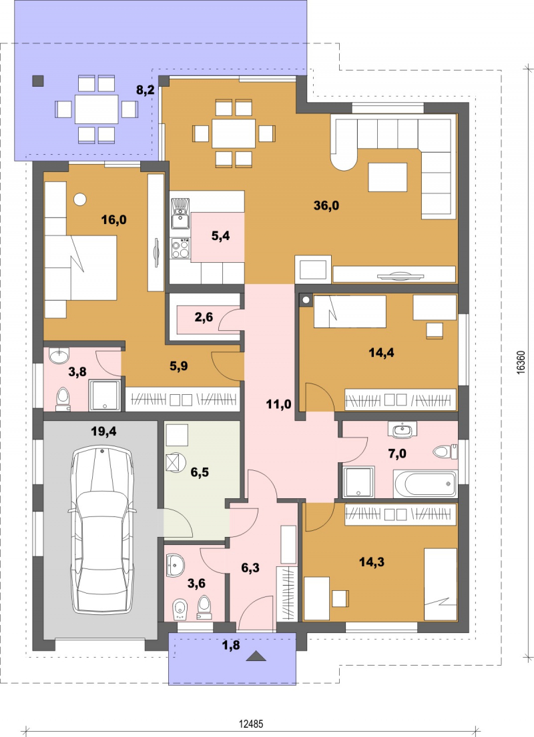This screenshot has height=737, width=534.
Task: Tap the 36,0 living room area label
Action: click(326, 205)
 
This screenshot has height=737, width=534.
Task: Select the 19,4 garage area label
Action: click(103, 432)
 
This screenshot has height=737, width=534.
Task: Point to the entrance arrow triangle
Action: click(256, 656)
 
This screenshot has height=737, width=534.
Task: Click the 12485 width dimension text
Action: click(251, 724)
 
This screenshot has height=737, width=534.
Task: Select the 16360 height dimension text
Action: click(521, 361)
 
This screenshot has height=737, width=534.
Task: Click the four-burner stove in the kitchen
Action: click(180, 249)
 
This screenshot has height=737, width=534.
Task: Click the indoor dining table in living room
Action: click(234, 133)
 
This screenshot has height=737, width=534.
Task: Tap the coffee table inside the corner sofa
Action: click(388, 177)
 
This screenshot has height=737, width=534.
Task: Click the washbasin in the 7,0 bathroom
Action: click(402, 429)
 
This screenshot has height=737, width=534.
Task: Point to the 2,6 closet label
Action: click(204, 317)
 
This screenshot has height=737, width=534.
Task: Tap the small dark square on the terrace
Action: click(37, 81)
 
